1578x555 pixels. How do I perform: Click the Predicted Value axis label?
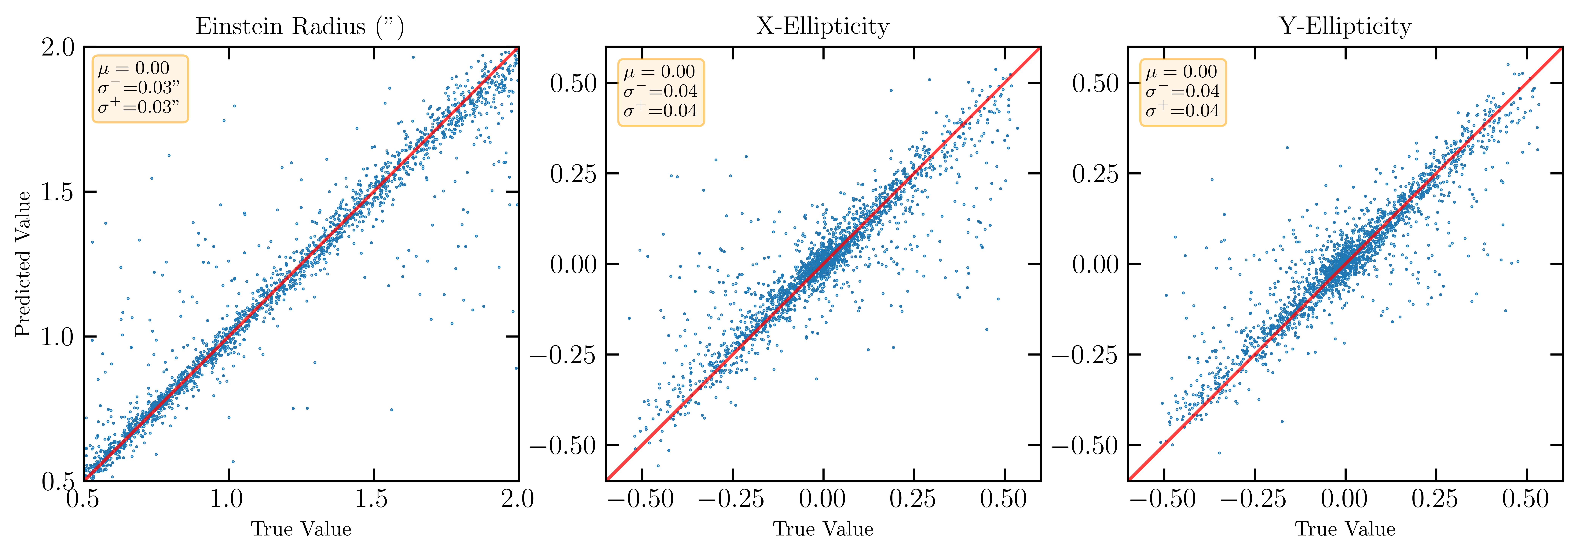click(x=23, y=264)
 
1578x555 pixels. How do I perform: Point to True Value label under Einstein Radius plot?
click(x=301, y=529)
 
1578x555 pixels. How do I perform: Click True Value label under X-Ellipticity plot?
click(x=823, y=529)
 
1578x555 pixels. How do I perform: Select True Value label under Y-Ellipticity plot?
click(x=1345, y=529)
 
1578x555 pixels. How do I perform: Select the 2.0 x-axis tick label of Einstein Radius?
click(x=518, y=499)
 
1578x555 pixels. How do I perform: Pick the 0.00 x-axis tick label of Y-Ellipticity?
click(x=1345, y=499)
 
